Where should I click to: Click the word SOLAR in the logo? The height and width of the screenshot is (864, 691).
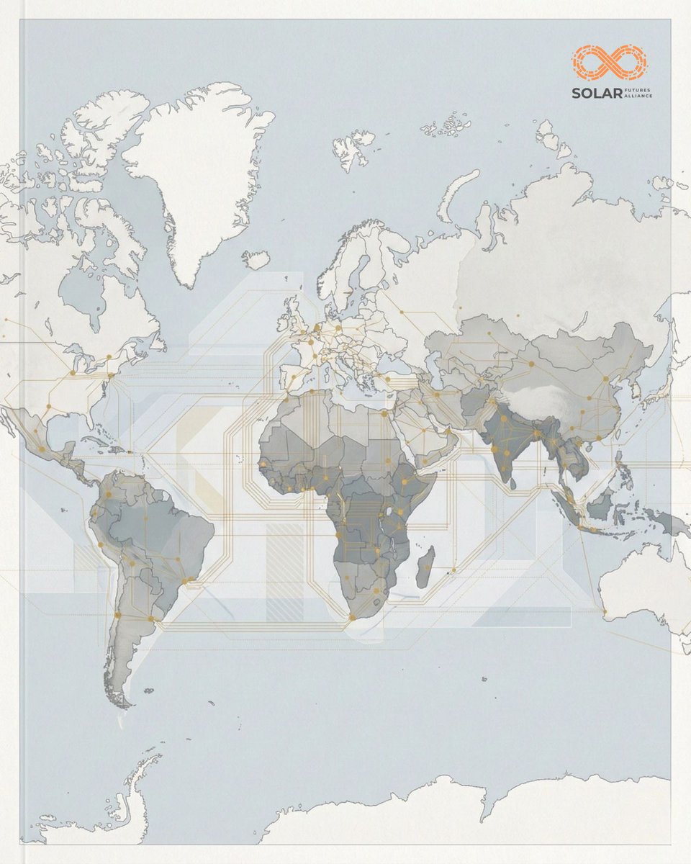(x=593, y=93)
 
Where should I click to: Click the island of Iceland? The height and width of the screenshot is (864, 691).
(x=256, y=259)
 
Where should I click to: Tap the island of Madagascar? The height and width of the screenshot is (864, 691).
(x=425, y=566)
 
